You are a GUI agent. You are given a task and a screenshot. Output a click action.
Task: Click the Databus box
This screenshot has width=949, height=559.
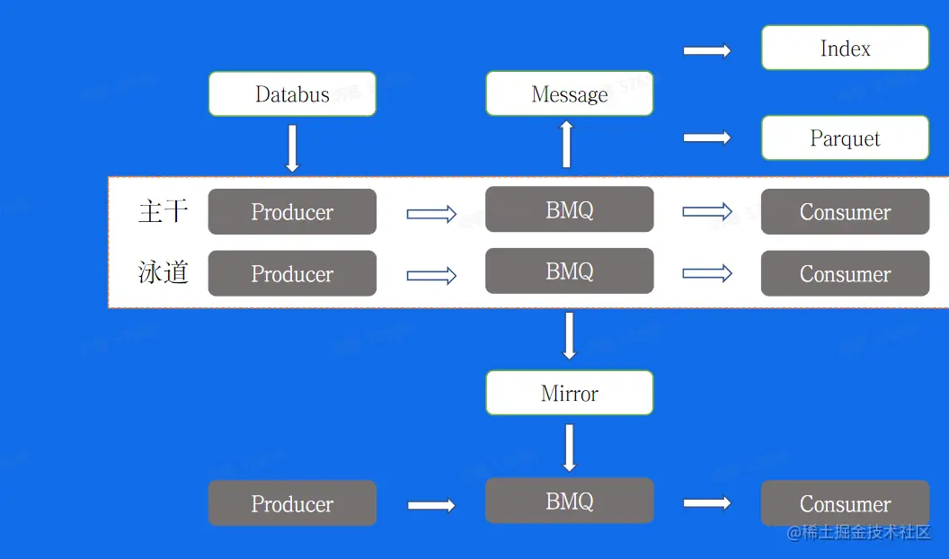(292, 94)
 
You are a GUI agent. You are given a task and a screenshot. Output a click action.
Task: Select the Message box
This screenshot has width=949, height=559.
(569, 94)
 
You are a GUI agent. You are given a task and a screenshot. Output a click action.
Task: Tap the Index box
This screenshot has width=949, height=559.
(845, 49)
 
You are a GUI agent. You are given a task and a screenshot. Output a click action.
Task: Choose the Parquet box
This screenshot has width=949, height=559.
(845, 138)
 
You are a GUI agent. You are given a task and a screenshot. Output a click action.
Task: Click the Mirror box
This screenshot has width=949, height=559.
(569, 394)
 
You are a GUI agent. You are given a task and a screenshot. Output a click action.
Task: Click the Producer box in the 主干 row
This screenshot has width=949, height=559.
(292, 212)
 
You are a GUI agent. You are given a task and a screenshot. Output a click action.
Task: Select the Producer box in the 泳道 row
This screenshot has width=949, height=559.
(292, 274)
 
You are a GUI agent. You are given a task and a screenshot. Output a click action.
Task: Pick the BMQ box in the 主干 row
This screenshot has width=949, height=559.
(569, 210)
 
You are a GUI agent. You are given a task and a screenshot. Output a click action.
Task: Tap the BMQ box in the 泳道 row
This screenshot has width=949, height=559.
(569, 271)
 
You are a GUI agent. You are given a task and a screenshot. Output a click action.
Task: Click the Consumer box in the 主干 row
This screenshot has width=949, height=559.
(845, 212)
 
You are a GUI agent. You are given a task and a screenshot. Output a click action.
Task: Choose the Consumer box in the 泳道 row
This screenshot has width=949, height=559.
(845, 274)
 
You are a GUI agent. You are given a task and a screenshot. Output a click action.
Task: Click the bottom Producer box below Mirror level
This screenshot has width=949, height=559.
(292, 504)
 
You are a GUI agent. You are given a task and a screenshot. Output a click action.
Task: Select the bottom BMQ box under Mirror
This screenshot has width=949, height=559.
(569, 501)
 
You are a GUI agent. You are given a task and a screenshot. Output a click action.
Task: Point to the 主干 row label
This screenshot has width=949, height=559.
(163, 211)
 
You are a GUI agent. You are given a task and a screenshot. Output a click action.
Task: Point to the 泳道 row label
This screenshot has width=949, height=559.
(163, 272)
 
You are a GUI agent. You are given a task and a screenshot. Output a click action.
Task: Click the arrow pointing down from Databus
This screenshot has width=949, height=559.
(292, 148)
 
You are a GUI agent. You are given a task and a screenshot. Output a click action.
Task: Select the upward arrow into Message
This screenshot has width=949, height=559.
(566, 144)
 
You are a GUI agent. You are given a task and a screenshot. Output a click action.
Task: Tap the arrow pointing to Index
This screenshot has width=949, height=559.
(707, 51)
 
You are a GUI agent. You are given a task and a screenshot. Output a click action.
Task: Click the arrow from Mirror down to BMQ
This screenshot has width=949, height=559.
(569, 448)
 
